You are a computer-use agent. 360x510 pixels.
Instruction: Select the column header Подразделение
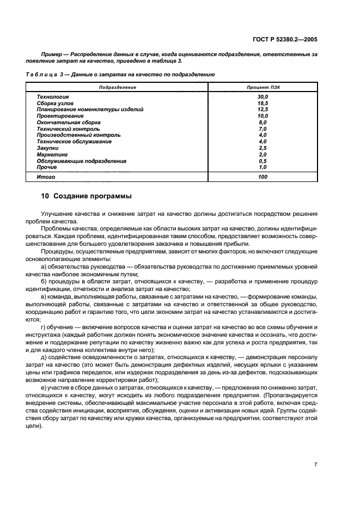[x=117, y=87]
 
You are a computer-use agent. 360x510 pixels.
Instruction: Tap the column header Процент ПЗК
[x=263, y=87]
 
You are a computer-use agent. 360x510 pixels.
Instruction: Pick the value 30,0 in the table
[x=263, y=96]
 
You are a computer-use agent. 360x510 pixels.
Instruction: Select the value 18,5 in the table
[x=263, y=103]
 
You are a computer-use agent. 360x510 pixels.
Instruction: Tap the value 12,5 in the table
[x=263, y=110]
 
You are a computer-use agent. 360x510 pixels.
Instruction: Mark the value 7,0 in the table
[x=263, y=129]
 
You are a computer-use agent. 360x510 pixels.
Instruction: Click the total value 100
[x=263, y=177]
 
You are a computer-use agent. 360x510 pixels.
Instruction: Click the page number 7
[x=315, y=464]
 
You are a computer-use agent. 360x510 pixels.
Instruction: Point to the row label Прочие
[x=47, y=167]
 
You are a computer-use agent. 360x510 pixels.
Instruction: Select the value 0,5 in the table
[x=263, y=161]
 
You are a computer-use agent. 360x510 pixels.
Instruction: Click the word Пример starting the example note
[x=52, y=54]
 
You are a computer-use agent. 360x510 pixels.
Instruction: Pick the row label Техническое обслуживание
[x=74, y=142]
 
